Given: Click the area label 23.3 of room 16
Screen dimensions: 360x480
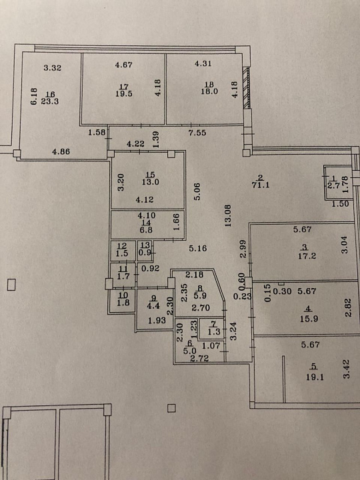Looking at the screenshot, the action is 49,101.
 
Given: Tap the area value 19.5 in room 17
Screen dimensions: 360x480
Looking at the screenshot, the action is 124,94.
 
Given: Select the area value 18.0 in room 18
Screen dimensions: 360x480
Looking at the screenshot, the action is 209,91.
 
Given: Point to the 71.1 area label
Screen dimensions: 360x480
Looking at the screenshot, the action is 261,185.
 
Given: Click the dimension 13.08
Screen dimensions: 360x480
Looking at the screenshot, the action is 228,215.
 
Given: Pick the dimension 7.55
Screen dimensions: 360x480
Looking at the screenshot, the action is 197,133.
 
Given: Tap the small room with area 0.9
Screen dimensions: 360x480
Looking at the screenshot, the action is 145,251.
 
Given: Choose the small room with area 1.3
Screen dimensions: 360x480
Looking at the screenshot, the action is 211,329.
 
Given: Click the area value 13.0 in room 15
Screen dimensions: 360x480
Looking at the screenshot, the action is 150,182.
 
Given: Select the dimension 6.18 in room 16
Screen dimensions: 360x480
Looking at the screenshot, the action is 34,97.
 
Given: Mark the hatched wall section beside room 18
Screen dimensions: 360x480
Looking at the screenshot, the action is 246,88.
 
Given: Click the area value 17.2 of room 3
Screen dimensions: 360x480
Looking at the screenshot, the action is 307,256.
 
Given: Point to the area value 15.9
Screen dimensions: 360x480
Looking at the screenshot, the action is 309,319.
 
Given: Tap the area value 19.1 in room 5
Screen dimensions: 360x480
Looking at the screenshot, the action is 315,377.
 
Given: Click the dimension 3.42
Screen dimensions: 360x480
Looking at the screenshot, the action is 346,370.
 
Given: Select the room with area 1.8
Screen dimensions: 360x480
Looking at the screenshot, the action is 123,301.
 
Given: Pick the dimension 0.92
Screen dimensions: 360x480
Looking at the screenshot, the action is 151,269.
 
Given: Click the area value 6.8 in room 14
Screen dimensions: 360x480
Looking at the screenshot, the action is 146,229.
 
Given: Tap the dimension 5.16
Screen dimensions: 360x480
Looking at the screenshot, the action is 198,248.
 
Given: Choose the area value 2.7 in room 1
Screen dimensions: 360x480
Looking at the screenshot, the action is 333,185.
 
